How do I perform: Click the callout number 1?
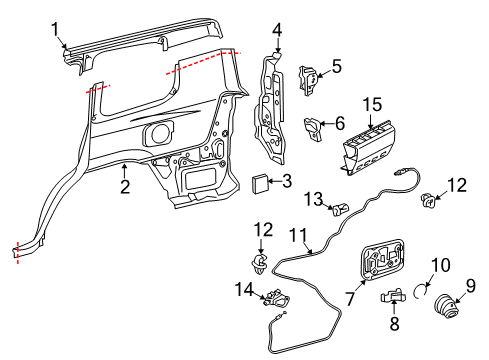point(55,29)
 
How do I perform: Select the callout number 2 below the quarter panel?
point(125,187)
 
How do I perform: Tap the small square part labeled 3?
point(259,183)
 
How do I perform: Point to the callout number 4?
point(277,30)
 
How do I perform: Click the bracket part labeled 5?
point(307,80)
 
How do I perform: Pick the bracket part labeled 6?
point(313,129)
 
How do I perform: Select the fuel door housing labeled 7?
point(382,259)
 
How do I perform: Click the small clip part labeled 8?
point(393,295)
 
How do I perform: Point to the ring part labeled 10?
point(421,290)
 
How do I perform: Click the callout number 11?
point(298,235)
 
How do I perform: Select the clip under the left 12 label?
point(260,263)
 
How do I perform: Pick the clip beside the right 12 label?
point(428,200)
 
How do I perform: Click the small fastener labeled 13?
point(340,210)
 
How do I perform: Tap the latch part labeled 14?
point(276,298)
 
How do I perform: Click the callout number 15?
point(372,105)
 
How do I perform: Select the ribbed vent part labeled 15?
point(369,147)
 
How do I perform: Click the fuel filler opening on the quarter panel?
point(158,133)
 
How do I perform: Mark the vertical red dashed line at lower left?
point(18,252)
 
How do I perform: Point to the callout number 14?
point(244,289)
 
